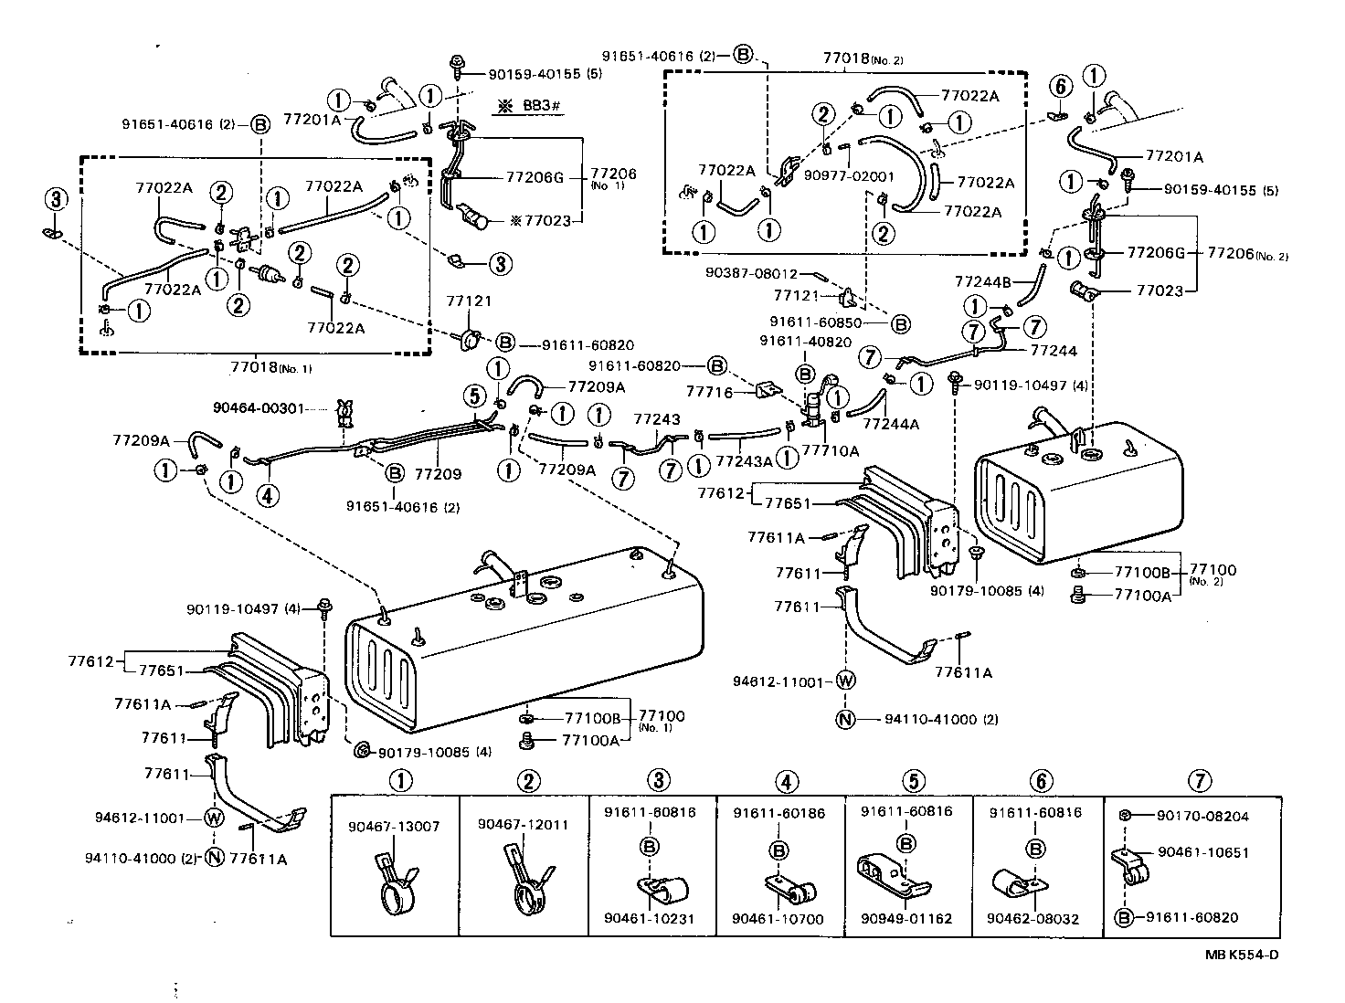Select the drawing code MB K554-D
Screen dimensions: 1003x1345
tap(1241, 955)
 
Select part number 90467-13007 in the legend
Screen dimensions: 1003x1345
tap(394, 826)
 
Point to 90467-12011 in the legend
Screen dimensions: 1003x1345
tap(523, 824)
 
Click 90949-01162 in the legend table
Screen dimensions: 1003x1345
tap(905, 918)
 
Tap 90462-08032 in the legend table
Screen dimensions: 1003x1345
tap(1035, 918)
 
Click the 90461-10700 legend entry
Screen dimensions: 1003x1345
tap(778, 918)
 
